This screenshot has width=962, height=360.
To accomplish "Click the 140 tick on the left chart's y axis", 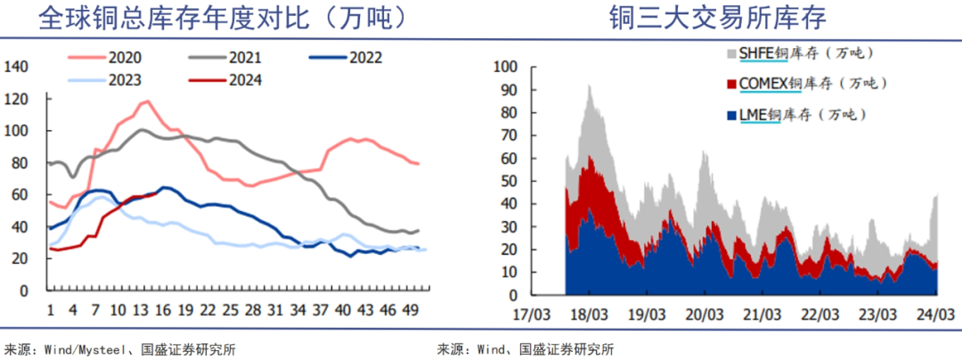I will [18, 67].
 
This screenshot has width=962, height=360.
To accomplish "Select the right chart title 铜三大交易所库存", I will [719, 19].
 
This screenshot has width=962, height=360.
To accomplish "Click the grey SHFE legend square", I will [733, 54].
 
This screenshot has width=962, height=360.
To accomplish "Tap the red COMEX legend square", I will [733, 85].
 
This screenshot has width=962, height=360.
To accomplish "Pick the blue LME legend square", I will [733, 115].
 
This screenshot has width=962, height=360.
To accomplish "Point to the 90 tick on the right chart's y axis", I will [507, 89].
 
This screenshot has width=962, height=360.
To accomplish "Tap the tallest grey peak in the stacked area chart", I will [589, 86].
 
